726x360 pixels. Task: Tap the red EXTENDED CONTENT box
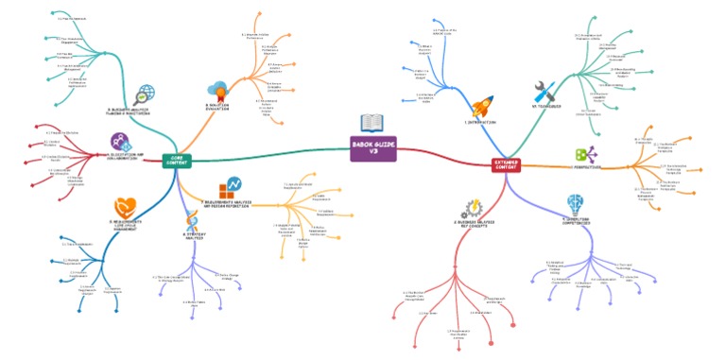pyautogui.click(x=506, y=164)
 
